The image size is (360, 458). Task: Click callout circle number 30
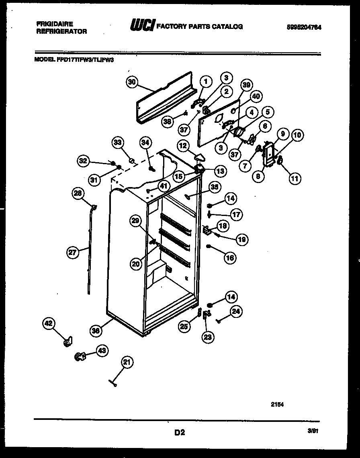pyautogui.click(x=132, y=82)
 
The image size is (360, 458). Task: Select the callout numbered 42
pyautogui.click(x=49, y=323)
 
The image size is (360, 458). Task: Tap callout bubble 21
pyautogui.click(x=127, y=363)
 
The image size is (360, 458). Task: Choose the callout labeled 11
pyautogui.click(x=295, y=178)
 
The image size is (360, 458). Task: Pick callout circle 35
pyautogui.click(x=215, y=187)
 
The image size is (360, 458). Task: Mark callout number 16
pyautogui.click(x=230, y=258)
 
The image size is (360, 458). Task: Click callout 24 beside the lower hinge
pyautogui.click(x=236, y=311)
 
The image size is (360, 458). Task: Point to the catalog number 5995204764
pyautogui.click(x=305, y=27)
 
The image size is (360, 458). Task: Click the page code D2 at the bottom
pyautogui.click(x=179, y=432)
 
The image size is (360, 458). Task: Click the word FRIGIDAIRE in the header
pyautogui.click(x=54, y=24)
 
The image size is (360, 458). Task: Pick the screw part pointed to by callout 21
pyautogui.click(x=113, y=384)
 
